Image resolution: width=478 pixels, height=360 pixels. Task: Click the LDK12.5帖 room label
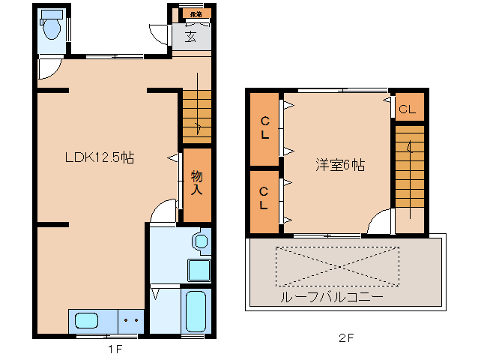[99, 157]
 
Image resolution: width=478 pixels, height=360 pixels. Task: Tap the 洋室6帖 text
[339, 166]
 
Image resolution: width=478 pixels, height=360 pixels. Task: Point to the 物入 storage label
[196, 184]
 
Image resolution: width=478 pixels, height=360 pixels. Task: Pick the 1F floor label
[115, 349]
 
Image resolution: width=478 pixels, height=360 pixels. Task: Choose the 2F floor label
[345, 337]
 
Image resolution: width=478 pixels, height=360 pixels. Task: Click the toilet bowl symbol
[52, 28]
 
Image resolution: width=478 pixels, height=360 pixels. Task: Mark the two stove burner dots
[131, 320]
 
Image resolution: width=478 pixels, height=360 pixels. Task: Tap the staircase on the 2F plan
[409, 169]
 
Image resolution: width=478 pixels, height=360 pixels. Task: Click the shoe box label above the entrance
[196, 13]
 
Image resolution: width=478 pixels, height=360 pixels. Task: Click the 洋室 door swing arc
[380, 222]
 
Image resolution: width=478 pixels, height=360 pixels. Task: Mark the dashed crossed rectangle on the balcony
[336, 265]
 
